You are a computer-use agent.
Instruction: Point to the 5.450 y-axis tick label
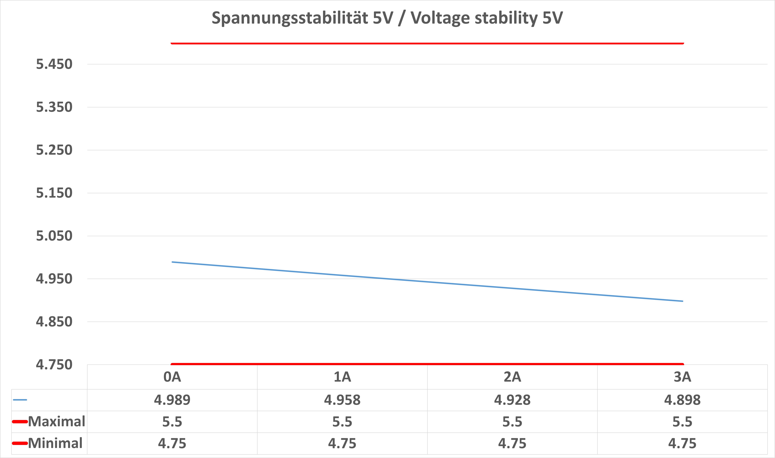point(54,64)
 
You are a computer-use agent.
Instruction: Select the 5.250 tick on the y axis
point(54,150)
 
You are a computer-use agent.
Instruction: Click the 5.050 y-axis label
point(54,236)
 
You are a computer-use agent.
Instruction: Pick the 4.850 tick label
point(54,322)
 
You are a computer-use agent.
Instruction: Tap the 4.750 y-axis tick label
point(54,364)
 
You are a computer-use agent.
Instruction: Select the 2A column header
point(512,377)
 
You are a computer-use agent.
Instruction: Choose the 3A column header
point(683,377)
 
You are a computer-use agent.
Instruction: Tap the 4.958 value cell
point(342,400)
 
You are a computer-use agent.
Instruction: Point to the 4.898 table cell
point(683,400)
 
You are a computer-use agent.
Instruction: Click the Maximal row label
point(56,422)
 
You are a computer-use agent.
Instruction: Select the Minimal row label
point(55,443)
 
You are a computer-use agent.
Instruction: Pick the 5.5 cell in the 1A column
point(342,422)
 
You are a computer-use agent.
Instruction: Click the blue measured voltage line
point(427,281)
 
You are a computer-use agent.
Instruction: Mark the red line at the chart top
point(427,43)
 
